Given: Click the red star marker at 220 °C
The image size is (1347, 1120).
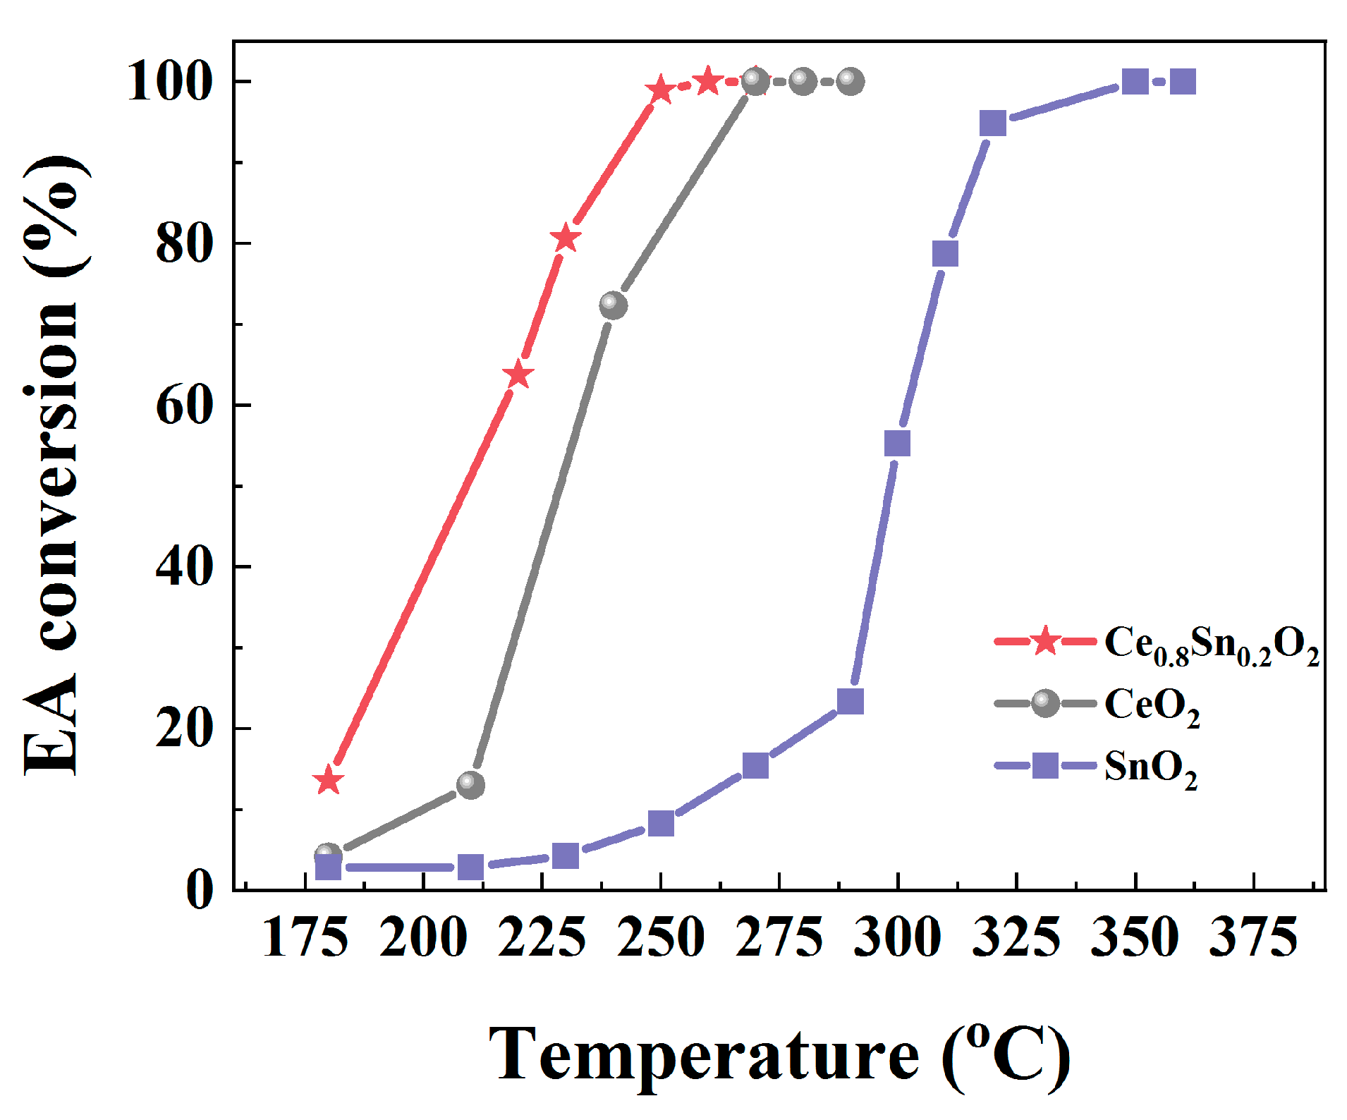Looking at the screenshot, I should [518, 375].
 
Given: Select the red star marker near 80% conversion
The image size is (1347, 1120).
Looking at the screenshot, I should [566, 239].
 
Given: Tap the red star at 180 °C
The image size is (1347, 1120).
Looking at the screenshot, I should [328, 780].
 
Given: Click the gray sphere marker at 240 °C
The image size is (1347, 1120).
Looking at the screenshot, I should [613, 305].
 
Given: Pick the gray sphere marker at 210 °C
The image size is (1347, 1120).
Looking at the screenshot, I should [470, 784].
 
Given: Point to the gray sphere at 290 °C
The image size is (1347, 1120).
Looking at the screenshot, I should [851, 82].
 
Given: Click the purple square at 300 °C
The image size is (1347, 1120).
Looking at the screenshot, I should [897, 444].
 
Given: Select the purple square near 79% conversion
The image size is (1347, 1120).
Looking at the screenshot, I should [945, 254].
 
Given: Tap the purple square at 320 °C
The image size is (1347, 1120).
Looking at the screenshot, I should [992, 123].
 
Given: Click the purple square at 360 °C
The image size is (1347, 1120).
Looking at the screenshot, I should [1183, 82].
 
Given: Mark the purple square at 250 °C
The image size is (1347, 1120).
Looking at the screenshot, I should [661, 823].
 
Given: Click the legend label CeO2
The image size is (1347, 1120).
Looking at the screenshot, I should [1152, 705].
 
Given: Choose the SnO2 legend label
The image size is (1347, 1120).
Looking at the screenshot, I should [1150, 767].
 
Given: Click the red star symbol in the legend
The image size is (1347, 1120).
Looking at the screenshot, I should [1045, 641].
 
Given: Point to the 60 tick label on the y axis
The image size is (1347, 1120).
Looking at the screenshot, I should [184, 406].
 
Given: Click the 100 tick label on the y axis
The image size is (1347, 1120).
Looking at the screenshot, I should [170, 82].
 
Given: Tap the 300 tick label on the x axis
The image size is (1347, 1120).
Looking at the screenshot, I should [897, 938].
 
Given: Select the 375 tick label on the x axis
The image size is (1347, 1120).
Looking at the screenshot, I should [1253, 938].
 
